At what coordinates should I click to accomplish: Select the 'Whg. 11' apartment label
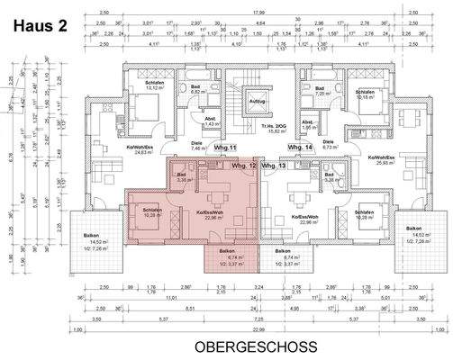point(225,147)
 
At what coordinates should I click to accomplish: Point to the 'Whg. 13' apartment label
point(276,166)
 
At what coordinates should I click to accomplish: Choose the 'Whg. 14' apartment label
point(299,147)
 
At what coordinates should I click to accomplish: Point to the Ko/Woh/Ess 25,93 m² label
point(383,159)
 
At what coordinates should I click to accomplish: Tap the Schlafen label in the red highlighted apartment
point(152,213)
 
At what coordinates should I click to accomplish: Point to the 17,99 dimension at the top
point(259,13)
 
